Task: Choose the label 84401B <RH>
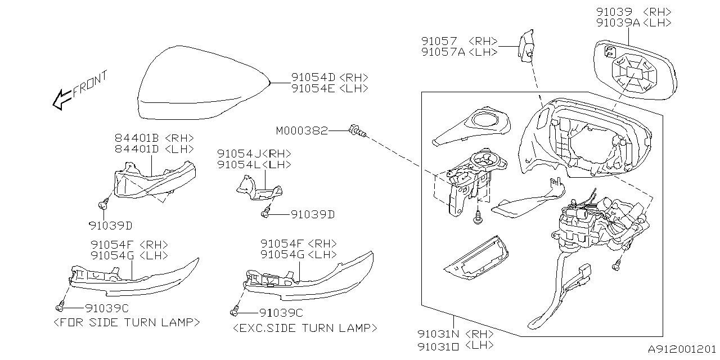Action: pyautogui.click(x=154, y=138)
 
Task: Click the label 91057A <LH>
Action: pyautogui.click(x=459, y=52)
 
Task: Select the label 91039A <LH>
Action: pyautogui.click(x=634, y=22)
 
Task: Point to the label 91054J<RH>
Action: pyautogui.click(x=254, y=154)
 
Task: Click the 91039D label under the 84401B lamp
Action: pyautogui.click(x=110, y=226)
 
